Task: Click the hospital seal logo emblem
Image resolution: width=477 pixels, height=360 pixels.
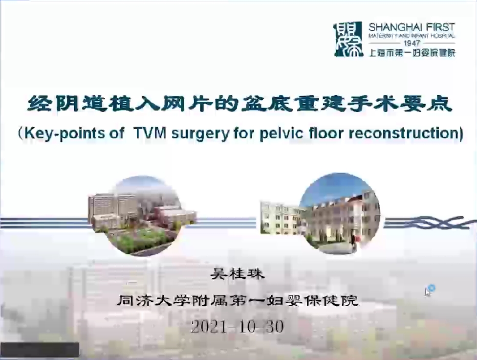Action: [348, 39]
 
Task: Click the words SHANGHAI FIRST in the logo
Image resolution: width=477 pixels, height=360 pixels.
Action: [412, 27]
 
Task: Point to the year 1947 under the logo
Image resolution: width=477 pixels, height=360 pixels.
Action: [412, 43]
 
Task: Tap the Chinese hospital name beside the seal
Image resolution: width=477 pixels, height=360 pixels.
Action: [412, 53]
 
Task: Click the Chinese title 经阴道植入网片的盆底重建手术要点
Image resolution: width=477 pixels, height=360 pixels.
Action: [239, 104]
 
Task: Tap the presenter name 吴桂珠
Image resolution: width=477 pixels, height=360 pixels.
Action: [238, 274]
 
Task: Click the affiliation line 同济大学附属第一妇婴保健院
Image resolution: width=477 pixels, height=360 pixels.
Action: [238, 301]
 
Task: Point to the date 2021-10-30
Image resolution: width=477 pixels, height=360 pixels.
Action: [238, 327]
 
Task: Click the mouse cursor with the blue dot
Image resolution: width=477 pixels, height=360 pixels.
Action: [429, 290]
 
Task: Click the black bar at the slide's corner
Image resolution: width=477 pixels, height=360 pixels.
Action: [40, 350]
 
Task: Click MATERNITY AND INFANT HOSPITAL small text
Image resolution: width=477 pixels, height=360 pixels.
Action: [412, 36]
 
